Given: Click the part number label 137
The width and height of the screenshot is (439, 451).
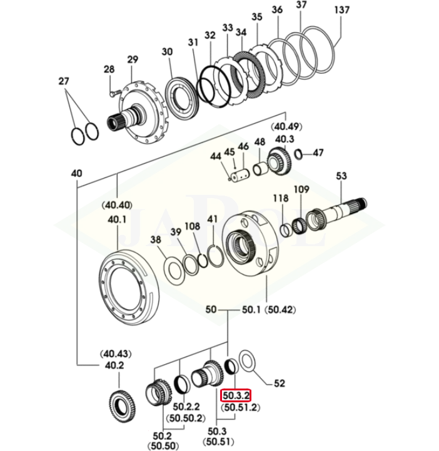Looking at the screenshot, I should click(x=341, y=10).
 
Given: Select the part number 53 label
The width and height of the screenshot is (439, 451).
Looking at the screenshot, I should click(x=341, y=176).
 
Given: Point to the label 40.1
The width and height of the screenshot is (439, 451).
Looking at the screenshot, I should click(x=117, y=219).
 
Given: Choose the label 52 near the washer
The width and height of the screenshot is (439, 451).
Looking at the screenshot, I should click(x=280, y=384).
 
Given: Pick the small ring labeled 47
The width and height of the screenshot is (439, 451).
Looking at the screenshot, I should click(x=299, y=154).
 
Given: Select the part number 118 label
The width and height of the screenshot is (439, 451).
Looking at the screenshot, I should click(x=280, y=199).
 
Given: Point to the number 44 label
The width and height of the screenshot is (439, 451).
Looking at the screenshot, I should click(x=216, y=156).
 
